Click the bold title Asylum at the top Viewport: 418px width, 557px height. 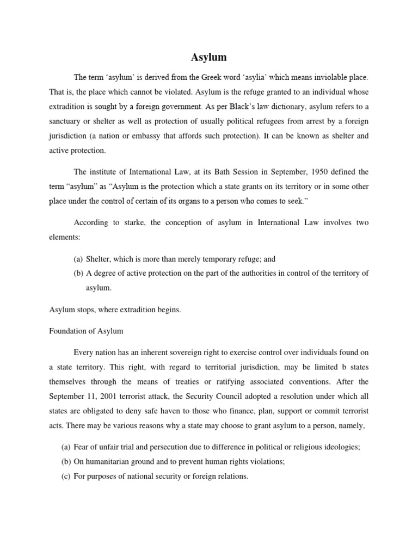pos(208,57)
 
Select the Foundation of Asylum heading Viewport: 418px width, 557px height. pos(86,331)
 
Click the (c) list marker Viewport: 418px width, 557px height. pos(66,476)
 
